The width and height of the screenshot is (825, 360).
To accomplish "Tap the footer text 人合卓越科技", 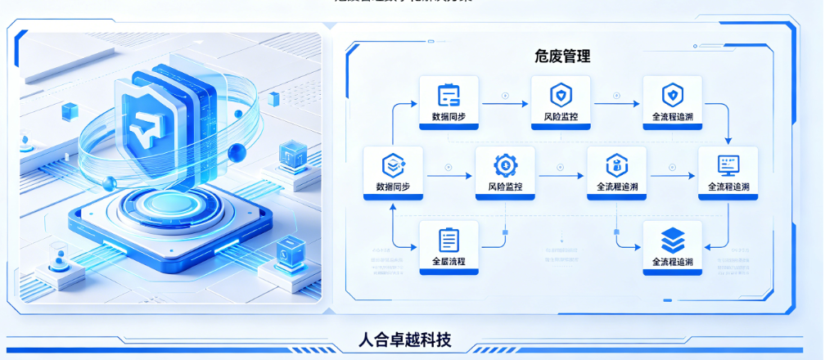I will [405, 340].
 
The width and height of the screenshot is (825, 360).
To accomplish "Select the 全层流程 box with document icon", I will [449, 248].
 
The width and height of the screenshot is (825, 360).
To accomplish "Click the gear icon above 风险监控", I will [505, 165].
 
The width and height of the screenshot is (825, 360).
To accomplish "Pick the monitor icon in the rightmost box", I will [728, 165].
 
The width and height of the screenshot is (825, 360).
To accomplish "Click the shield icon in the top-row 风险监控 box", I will [561, 95].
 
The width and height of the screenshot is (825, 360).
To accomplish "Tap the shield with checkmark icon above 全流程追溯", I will [672, 95].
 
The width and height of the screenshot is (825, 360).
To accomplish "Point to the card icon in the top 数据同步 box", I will [449, 95].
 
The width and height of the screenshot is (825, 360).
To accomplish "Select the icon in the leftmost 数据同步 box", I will [393, 165].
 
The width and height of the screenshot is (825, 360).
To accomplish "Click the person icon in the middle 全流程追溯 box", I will [616, 165].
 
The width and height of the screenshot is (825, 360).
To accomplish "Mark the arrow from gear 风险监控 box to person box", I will [561, 173].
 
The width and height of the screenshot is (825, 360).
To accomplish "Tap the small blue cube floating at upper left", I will [69, 110].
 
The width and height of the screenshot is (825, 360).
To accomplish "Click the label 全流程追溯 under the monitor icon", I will [728, 187].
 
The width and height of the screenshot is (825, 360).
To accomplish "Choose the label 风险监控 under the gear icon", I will [505, 187].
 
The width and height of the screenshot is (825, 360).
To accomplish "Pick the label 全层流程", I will [449, 262].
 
